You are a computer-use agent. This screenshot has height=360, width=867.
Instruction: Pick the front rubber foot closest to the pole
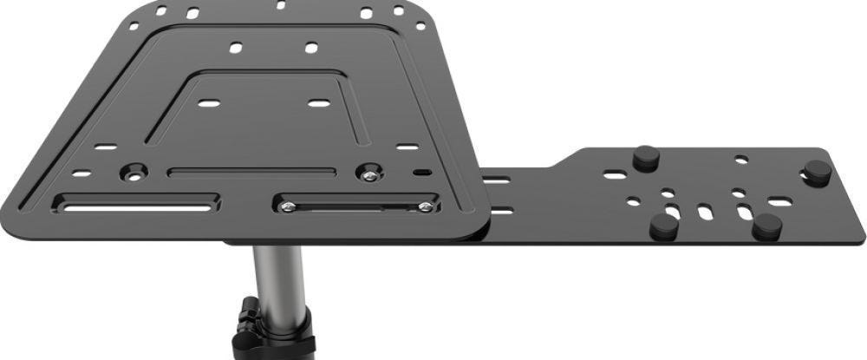665,226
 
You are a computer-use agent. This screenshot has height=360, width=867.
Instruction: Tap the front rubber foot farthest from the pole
766,226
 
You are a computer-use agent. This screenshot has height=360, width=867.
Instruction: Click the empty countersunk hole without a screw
134,170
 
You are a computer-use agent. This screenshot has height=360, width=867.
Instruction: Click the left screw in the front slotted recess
289,206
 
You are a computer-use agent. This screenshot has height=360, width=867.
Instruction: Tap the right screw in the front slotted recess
424,206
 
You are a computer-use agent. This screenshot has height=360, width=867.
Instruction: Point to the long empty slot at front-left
139,206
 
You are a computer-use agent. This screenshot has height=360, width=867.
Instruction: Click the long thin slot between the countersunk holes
251,172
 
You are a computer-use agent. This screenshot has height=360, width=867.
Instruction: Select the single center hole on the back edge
280,5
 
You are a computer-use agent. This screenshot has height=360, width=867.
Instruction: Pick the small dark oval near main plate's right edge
421,173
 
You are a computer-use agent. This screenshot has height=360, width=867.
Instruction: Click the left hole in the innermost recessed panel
208,103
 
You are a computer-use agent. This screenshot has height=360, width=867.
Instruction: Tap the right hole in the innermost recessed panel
319,103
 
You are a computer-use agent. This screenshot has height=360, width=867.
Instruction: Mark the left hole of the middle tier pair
235,47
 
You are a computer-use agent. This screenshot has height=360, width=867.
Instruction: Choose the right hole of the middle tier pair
311,47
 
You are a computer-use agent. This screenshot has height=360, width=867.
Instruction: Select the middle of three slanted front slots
705,212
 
